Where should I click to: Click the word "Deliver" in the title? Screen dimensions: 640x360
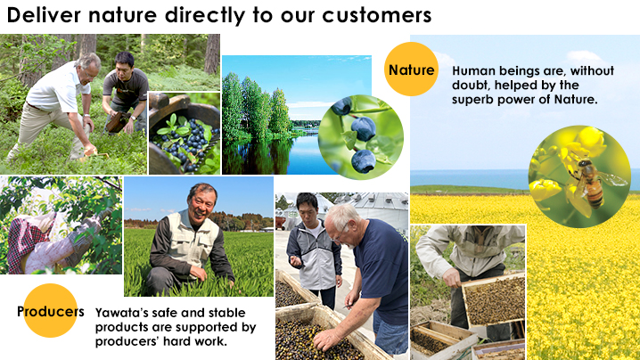coord(44,15)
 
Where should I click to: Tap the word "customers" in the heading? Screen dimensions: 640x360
coord(377,16)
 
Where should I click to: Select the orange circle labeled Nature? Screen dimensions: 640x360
coord(412,69)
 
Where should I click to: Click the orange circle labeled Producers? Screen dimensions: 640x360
coord(50,311)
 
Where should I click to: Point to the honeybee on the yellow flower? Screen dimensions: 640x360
coord(591,182)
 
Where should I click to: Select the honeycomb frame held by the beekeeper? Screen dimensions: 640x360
coord(495,299)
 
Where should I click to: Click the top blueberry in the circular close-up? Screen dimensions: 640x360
coord(342,106)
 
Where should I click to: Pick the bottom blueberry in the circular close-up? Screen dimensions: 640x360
coord(364,161)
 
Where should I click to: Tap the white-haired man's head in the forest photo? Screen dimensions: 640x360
coord(89,66)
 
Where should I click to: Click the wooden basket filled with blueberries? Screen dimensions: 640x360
coord(184,135)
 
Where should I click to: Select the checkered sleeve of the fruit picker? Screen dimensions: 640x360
coord(24,241)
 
